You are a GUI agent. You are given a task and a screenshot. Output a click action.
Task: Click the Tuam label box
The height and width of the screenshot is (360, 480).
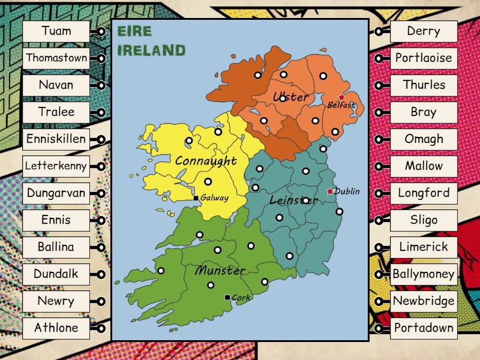coord(56,31)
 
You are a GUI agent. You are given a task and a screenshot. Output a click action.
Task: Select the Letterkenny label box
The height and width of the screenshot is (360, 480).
coord(56,166)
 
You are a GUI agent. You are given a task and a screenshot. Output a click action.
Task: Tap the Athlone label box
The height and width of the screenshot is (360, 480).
coord(56,328)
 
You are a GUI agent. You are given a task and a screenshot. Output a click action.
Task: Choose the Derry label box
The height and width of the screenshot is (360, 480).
coord(424,31)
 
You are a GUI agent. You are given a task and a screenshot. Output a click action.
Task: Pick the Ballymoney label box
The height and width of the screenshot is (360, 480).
coord(424,274)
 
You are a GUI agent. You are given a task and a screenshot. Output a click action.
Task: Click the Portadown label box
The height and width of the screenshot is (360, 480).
coord(424,328)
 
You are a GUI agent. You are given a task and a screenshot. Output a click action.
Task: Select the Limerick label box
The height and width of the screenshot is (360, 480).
coord(424,247)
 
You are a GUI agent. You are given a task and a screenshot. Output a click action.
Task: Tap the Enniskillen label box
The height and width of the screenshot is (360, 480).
coord(56,139)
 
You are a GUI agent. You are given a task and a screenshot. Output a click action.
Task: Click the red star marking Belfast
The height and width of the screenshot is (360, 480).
coord(342,97)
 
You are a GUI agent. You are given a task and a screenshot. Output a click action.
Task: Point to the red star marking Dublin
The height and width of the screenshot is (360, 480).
coord(329,191)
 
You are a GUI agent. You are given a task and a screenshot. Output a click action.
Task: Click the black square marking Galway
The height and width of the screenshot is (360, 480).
coord(196,198)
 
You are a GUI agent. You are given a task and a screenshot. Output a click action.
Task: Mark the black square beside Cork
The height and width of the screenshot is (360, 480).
coord(227,298)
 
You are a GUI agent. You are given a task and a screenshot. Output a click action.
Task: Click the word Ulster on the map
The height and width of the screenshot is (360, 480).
coord(290,97)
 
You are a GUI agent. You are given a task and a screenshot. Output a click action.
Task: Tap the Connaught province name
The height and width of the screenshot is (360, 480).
coord(206,161)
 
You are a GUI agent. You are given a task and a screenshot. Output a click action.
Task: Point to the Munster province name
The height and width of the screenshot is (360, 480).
coord(220,271)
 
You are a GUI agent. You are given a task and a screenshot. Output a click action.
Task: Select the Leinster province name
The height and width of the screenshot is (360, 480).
coord(293,200)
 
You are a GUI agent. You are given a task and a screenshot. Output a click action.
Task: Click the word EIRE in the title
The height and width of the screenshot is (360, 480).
coord(135,31)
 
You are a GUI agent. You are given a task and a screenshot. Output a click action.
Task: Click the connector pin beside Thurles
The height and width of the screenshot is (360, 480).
coord(379,86)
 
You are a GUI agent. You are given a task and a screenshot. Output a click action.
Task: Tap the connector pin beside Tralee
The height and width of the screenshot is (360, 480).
coord(101,113)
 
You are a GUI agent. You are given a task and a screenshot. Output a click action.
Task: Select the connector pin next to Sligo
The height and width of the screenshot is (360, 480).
coord(379,221)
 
